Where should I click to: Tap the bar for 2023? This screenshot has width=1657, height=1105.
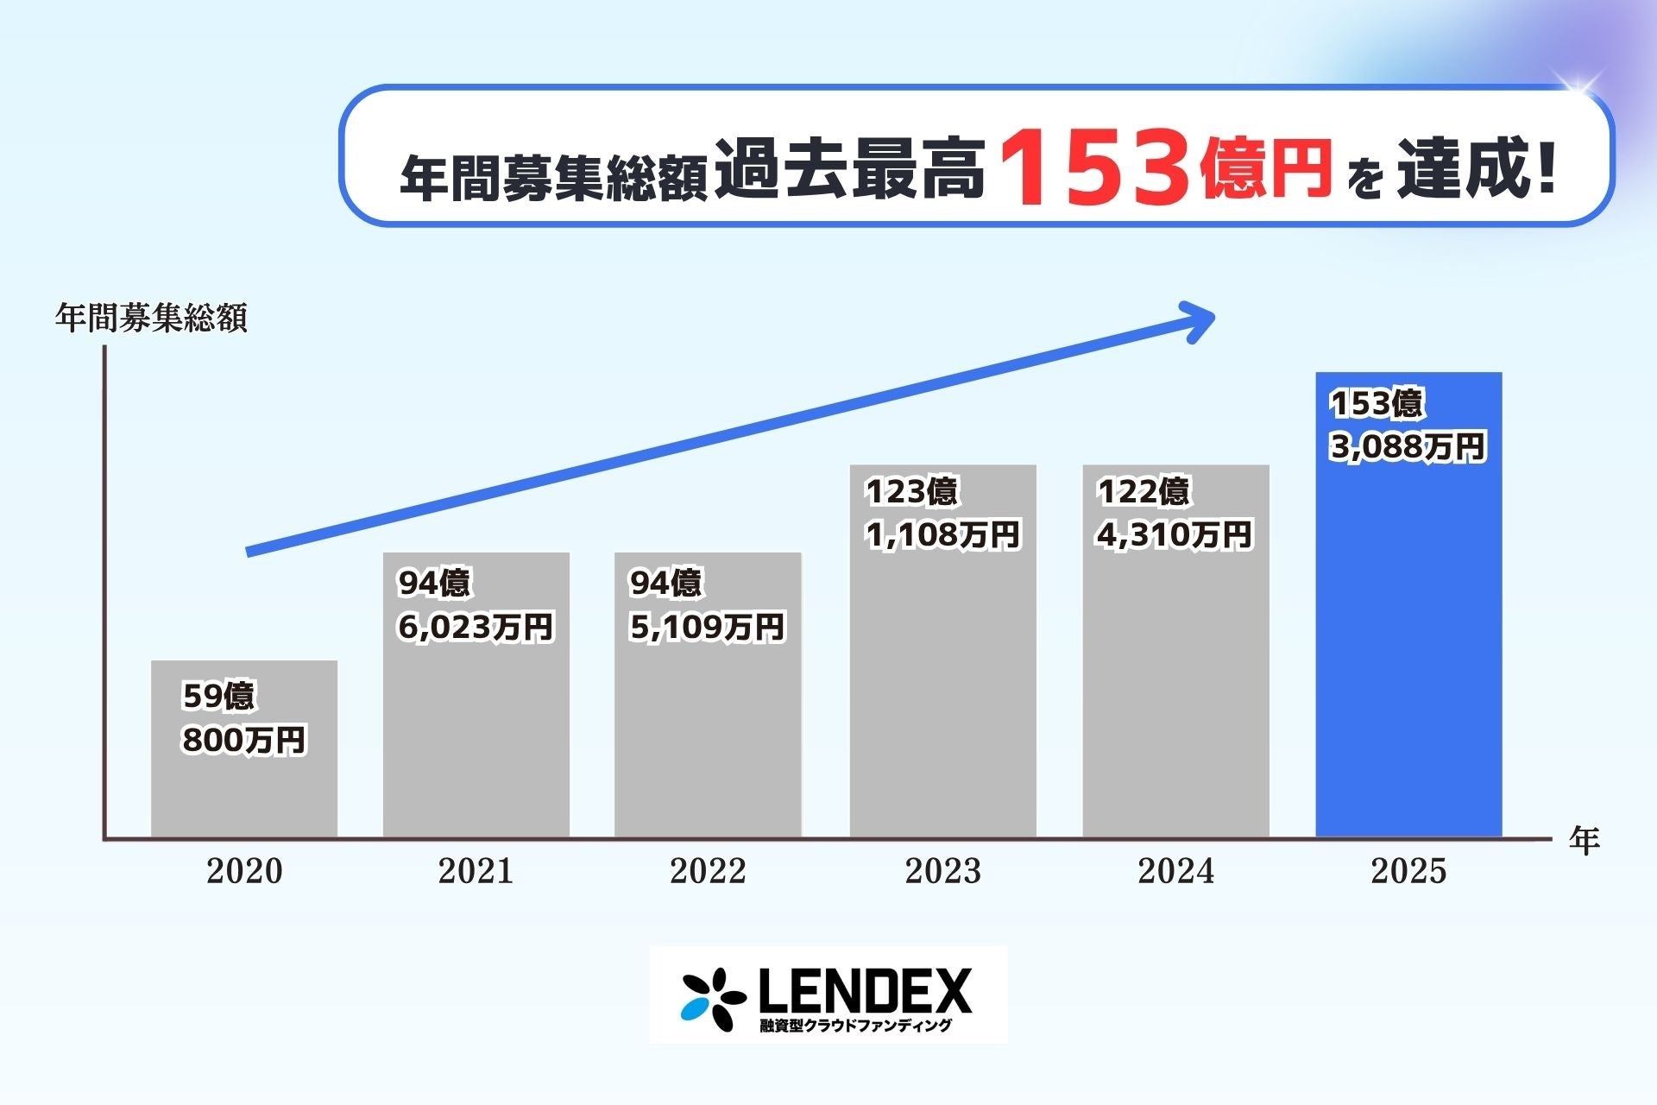pos(942,691)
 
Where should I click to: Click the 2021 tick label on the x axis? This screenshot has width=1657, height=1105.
pos(476,871)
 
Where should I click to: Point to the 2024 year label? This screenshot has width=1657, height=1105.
pos(1175,871)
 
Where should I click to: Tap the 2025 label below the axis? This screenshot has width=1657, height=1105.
pos(1408,871)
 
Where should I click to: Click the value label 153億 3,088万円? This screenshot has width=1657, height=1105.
pos(1408,426)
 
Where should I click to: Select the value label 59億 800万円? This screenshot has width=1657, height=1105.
pos(244,718)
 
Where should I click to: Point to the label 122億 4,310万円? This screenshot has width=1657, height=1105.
pos(1174,514)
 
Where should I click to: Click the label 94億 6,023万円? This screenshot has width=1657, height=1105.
pos(475,605)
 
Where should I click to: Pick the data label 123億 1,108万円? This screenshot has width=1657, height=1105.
pos(942,514)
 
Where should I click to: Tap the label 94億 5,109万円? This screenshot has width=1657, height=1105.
pos(707,605)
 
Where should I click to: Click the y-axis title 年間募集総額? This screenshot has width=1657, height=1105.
pos(151,319)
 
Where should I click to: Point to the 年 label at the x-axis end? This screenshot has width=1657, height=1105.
pos(1585,840)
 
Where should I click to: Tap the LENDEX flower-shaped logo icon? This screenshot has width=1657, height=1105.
pos(713,999)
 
